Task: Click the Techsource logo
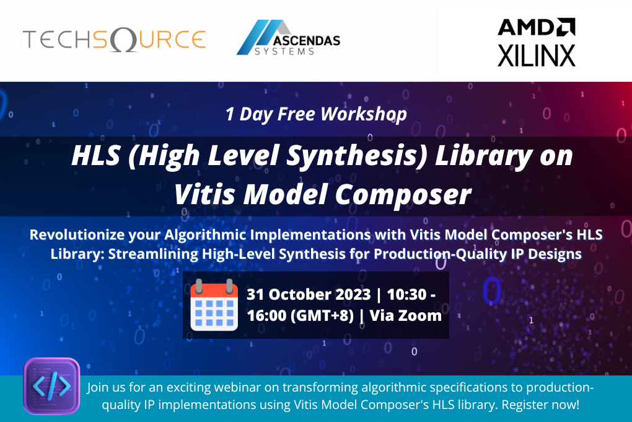pyautogui.click(x=114, y=40)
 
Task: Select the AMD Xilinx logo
pyautogui.click(x=537, y=42)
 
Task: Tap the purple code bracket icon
pyautogui.click(x=51, y=386)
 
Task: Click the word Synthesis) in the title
pyautogui.click(x=367, y=155)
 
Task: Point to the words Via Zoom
pyautogui.click(x=406, y=315)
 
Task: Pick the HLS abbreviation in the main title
pyautogui.click(x=95, y=155)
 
